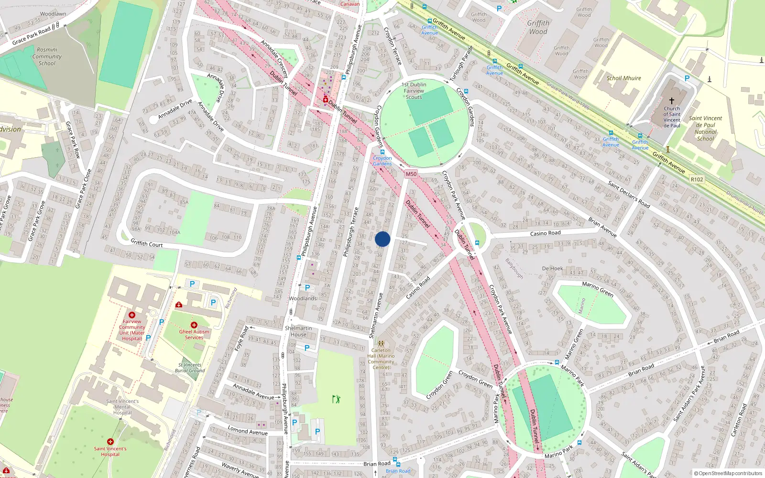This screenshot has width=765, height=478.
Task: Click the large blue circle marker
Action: point(382,239)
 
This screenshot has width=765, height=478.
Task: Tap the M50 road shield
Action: point(411,174)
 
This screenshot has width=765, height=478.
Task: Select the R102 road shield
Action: point(697,179)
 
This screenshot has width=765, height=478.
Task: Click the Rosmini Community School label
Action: point(47,56)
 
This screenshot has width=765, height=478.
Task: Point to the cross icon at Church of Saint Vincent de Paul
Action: point(671,101)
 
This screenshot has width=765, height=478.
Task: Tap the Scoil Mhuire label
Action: point(623,78)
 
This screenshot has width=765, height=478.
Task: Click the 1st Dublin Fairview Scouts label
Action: point(414,91)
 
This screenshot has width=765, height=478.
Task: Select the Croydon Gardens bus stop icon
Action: point(382,152)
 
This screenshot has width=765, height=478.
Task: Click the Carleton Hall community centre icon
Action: point(381,343)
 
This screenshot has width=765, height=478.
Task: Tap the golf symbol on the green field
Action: point(337,399)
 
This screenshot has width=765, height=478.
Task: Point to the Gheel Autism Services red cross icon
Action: point(194,325)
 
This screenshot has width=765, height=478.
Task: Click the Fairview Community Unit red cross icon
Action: point(132,315)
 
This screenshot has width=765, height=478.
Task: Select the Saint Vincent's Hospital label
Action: point(110,451)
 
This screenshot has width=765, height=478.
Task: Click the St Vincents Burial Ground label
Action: point(190,368)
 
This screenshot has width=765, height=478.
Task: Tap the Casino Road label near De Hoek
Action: point(545,233)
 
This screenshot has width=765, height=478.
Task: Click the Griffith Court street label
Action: point(147,243)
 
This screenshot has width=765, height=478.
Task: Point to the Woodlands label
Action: point(303,298)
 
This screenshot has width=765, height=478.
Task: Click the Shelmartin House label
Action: point(298,331)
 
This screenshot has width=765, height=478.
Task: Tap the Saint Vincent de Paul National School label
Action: point(705,129)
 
